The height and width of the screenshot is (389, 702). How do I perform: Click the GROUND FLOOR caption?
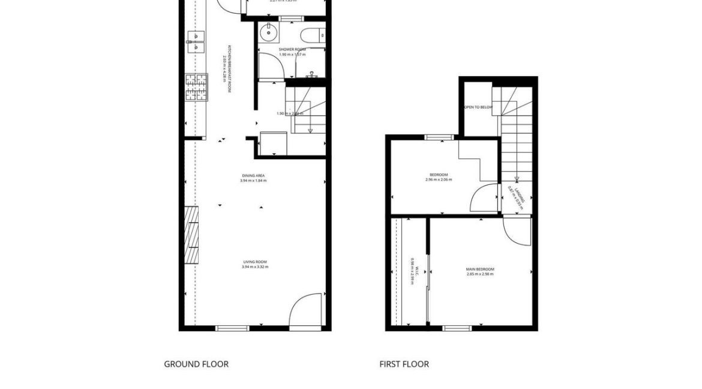tap(196, 364)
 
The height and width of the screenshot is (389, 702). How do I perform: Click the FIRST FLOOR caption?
tap(404, 364)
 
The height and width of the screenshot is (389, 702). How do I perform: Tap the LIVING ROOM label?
tap(255, 262)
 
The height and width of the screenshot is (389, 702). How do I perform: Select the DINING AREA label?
tap(253, 175)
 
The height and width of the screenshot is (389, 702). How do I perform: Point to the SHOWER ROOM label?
tap(291, 49)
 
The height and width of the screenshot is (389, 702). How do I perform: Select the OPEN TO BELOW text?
tap(478, 107)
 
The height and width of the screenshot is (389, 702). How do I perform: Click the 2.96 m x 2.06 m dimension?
tap(439, 179)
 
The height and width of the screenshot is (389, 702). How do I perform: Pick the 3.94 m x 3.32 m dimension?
tap(255, 267)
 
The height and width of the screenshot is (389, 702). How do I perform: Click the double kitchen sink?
tap(196, 41)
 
